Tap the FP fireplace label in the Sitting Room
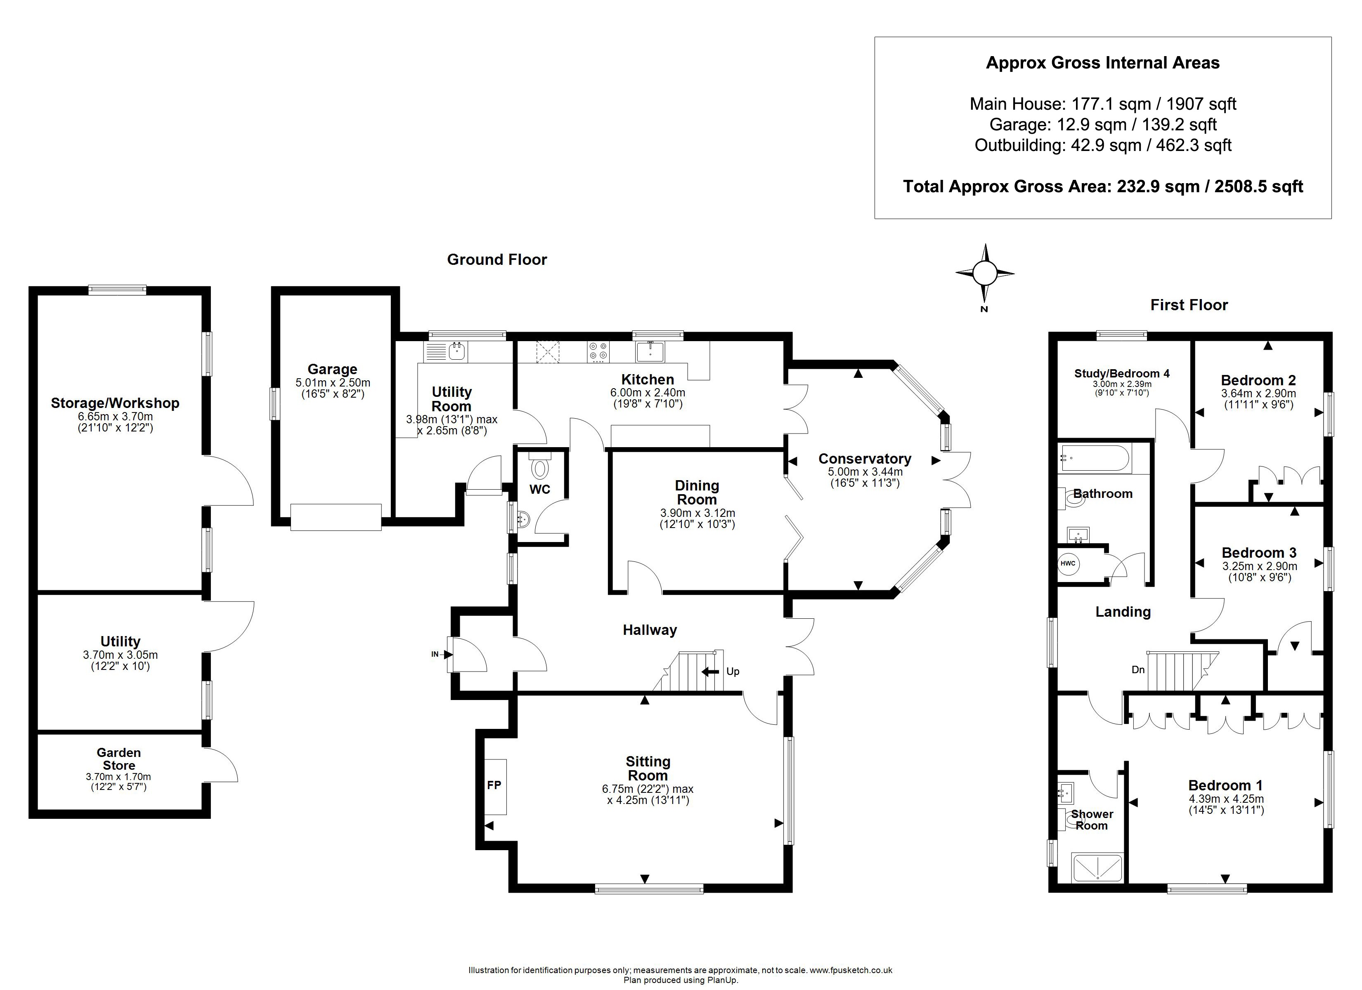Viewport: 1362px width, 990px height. click(x=494, y=785)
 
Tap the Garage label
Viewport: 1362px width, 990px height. click(x=332, y=369)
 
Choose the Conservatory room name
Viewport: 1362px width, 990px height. click(x=865, y=459)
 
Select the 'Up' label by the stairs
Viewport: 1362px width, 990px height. click(x=733, y=671)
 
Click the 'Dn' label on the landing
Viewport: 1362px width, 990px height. click(x=1138, y=669)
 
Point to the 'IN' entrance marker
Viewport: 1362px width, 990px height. click(x=435, y=654)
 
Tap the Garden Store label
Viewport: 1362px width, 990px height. click(x=119, y=759)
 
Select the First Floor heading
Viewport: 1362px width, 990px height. click(x=1189, y=305)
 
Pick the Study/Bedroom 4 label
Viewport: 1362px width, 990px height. click(x=1122, y=373)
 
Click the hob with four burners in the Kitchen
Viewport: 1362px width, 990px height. click(x=598, y=351)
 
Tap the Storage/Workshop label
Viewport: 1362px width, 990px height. click(x=115, y=403)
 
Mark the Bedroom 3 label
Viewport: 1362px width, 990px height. click(x=1259, y=553)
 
